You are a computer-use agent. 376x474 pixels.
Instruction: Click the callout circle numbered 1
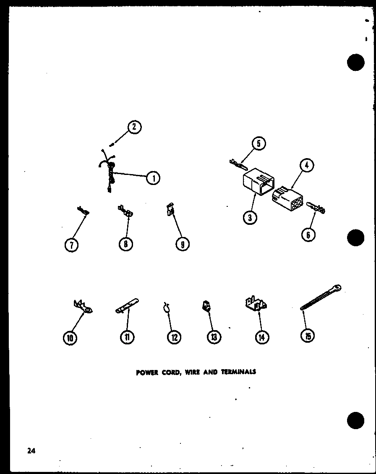point(154,178)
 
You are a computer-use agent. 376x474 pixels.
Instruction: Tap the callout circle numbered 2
point(134,127)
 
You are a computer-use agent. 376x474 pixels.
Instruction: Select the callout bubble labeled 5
point(258,144)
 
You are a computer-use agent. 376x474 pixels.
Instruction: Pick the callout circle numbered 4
point(307,166)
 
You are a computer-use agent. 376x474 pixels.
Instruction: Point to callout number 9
point(182,244)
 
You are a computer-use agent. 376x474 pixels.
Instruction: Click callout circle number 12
point(174,337)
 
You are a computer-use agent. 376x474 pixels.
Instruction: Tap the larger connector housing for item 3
point(258,183)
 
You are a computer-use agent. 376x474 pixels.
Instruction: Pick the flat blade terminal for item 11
point(126,305)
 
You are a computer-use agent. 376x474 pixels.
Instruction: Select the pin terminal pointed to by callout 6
point(316,207)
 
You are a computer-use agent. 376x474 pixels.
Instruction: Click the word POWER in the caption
point(146,372)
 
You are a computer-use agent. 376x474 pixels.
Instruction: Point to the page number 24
point(31,451)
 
